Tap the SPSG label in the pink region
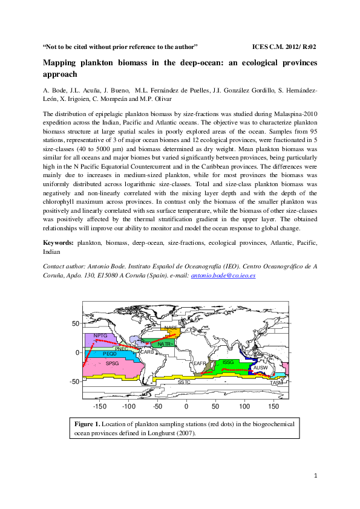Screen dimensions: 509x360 tap(113, 363)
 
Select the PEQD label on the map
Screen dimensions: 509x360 tap(110, 353)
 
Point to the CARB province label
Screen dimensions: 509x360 tap(147, 351)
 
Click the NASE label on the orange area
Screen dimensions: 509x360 tap(171, 328)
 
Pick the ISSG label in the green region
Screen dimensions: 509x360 tap(228, 361)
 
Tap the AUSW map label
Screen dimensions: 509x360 tap(260, 368)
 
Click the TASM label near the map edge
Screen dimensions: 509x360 tap(277, 383)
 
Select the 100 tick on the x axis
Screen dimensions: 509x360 tap(244, 406)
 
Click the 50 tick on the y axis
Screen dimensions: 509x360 tap(76, 323)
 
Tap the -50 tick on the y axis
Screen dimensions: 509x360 tap(74, 381)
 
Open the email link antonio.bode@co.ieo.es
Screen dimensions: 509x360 tap(223, 275)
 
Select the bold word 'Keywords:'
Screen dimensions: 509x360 tap(59, 242)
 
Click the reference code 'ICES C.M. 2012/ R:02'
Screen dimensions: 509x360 tap(284, 47)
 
